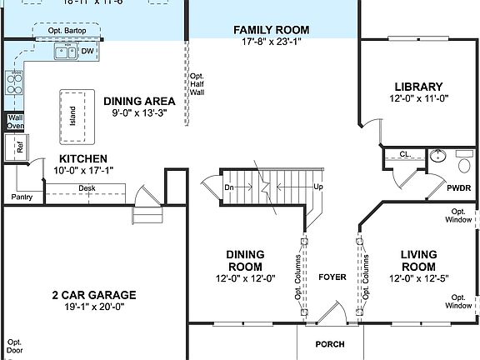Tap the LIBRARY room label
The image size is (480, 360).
pyautogui.click(x=417, y=86)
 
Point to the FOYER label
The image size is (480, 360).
pyautogui.click(x=330, y=277)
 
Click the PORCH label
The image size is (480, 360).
pyautogui.click(x=329, y=344)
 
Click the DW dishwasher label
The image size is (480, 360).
pyautogui.click(x=87, y=52)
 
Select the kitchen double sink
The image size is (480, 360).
pyautogui.click(x=63, y=53)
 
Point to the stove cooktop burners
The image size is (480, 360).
pyautogui.click(x=14, y=82)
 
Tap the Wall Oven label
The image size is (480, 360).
pyautogui.click(x=15, y=122)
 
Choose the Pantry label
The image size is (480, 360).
pyautogui.click(x=21, y=197)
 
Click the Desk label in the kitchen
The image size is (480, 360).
pyautogui.click(x=87, y=188)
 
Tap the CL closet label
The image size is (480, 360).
pyautogui.click(x=403, y=154)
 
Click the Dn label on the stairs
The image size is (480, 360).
pyautogui.click(x=230, y=187)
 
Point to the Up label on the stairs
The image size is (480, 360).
pyautogui.click(x=317, y=187)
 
